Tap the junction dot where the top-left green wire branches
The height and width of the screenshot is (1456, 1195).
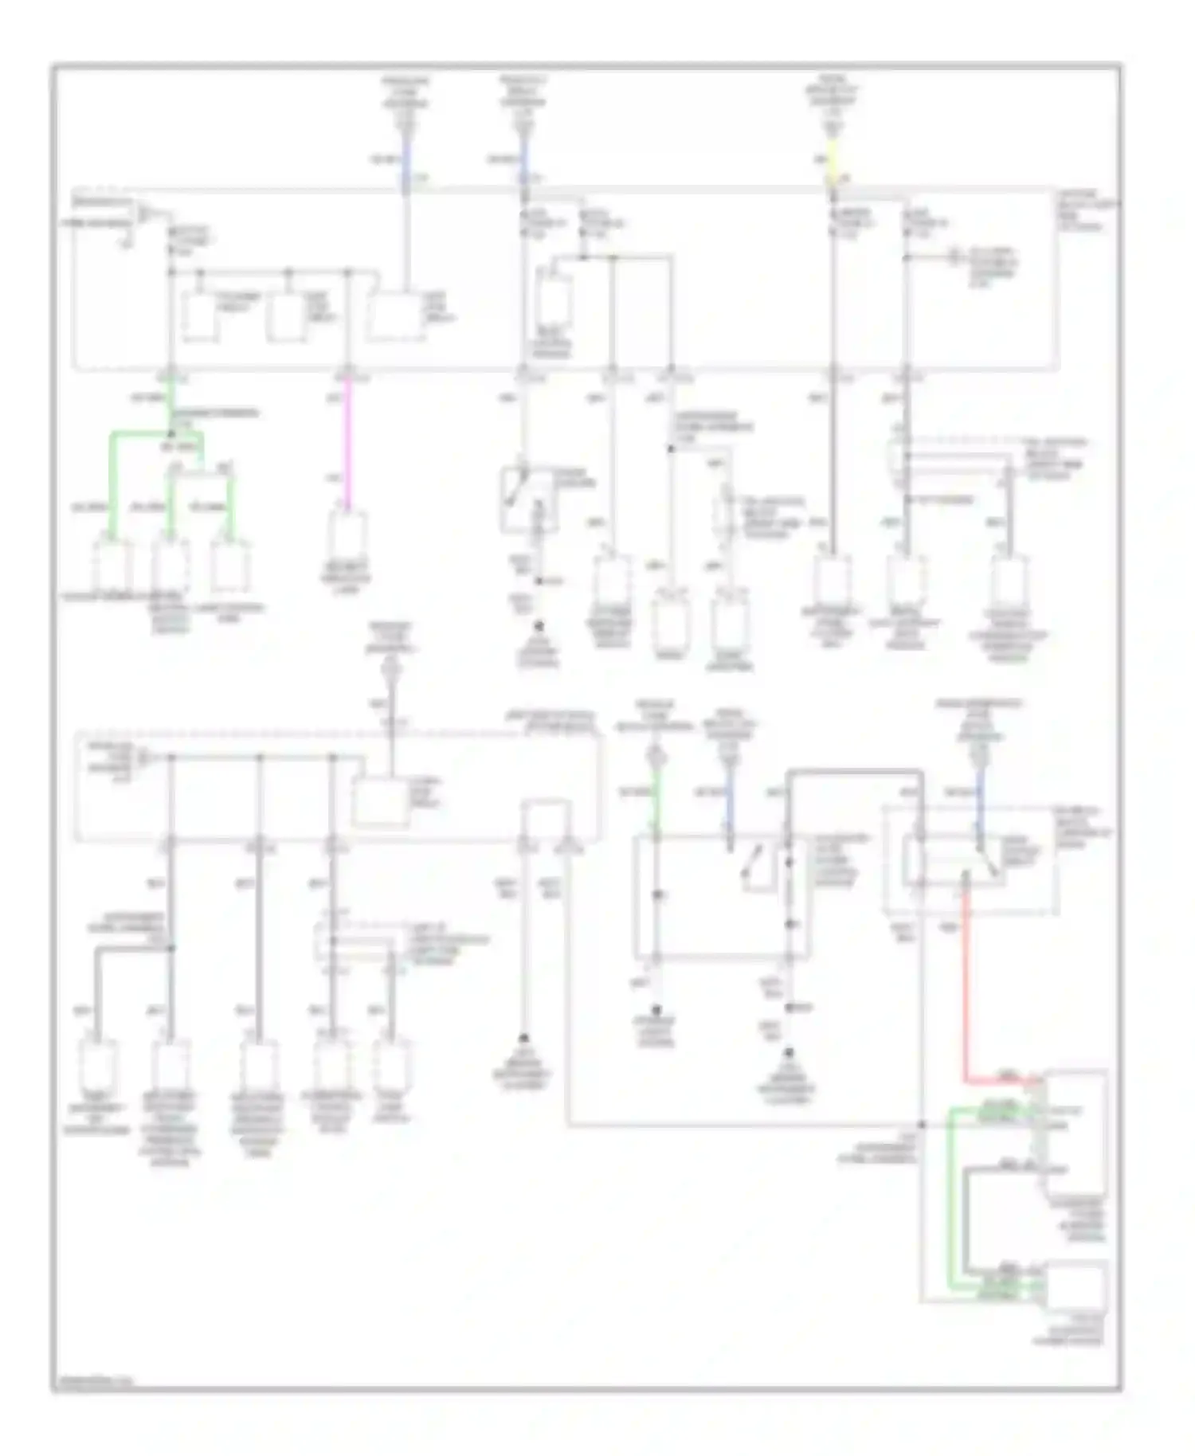click(170, 434)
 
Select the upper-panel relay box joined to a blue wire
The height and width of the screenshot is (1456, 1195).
click(395, 318)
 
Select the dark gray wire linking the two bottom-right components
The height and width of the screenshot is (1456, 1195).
click(966, 1219)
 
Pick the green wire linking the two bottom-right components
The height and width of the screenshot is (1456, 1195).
click(950, 1195)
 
